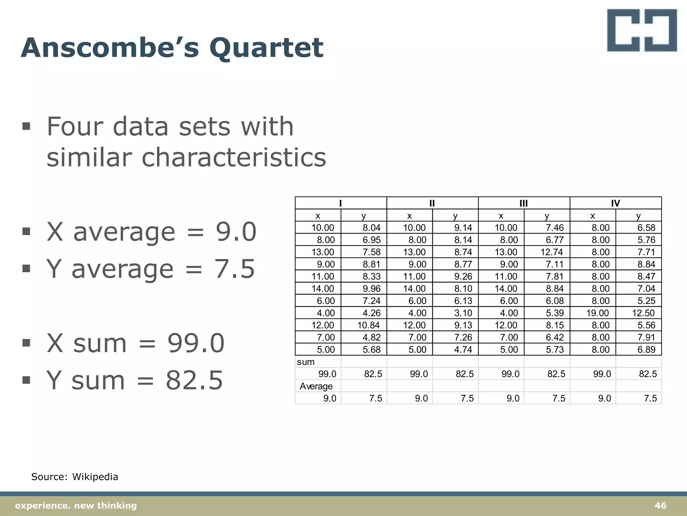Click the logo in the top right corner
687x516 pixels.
pyautogui.click(x=642, y=31)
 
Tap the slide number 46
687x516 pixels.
pyautogui.click(x=660, y=506)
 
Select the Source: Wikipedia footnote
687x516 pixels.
pyautogui.click(x=74, y=477)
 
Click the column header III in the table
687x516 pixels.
pyautogui.click(x=524, y=203)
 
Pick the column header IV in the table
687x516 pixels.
pyautogui.click(x=615, y=203)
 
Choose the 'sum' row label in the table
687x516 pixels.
pyautogui.click(x=306, y=362)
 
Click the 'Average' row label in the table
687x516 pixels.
pyautogui.click(x=316, y=386)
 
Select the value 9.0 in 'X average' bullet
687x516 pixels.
pyautogui.click(x=236, y=232)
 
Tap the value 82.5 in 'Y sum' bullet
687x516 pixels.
pyautogui.click(x=194, y=380)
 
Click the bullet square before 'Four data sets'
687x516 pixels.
pyautogui.click(x=26, y=127)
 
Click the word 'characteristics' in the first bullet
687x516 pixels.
pyautogui.click(x=234, y=157)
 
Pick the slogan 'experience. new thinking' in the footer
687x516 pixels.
pyautogui.click(x=76, y=506)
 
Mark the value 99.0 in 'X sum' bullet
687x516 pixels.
pyautogui.click(x=196, y=343)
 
